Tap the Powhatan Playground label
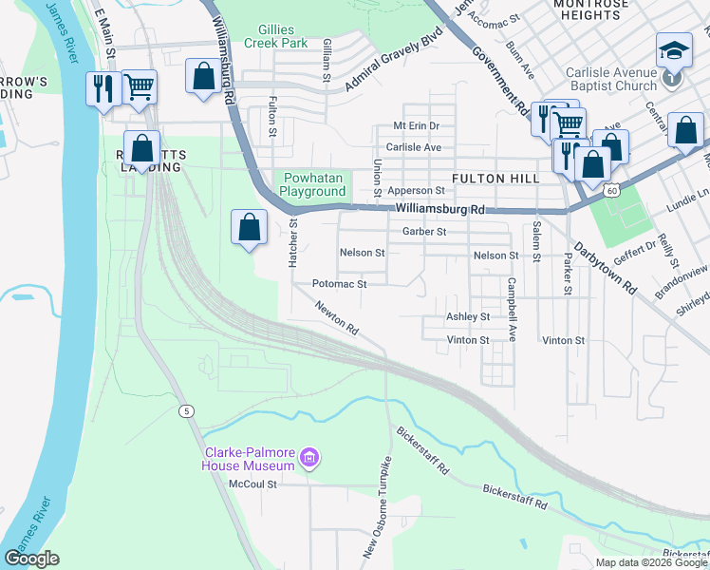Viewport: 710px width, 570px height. (x=312, y=184)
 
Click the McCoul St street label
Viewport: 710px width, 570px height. (x=252, y=483)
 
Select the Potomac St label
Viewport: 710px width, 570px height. (x=339, y=284)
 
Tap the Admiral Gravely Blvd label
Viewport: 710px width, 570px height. (x=395, y=66)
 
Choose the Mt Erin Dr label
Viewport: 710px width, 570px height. (x=417, y=125)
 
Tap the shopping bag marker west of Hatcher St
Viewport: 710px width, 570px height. (x=249, y=228)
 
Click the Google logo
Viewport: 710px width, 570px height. (x=31, y=559)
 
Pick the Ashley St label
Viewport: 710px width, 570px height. (x=468, y=316)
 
